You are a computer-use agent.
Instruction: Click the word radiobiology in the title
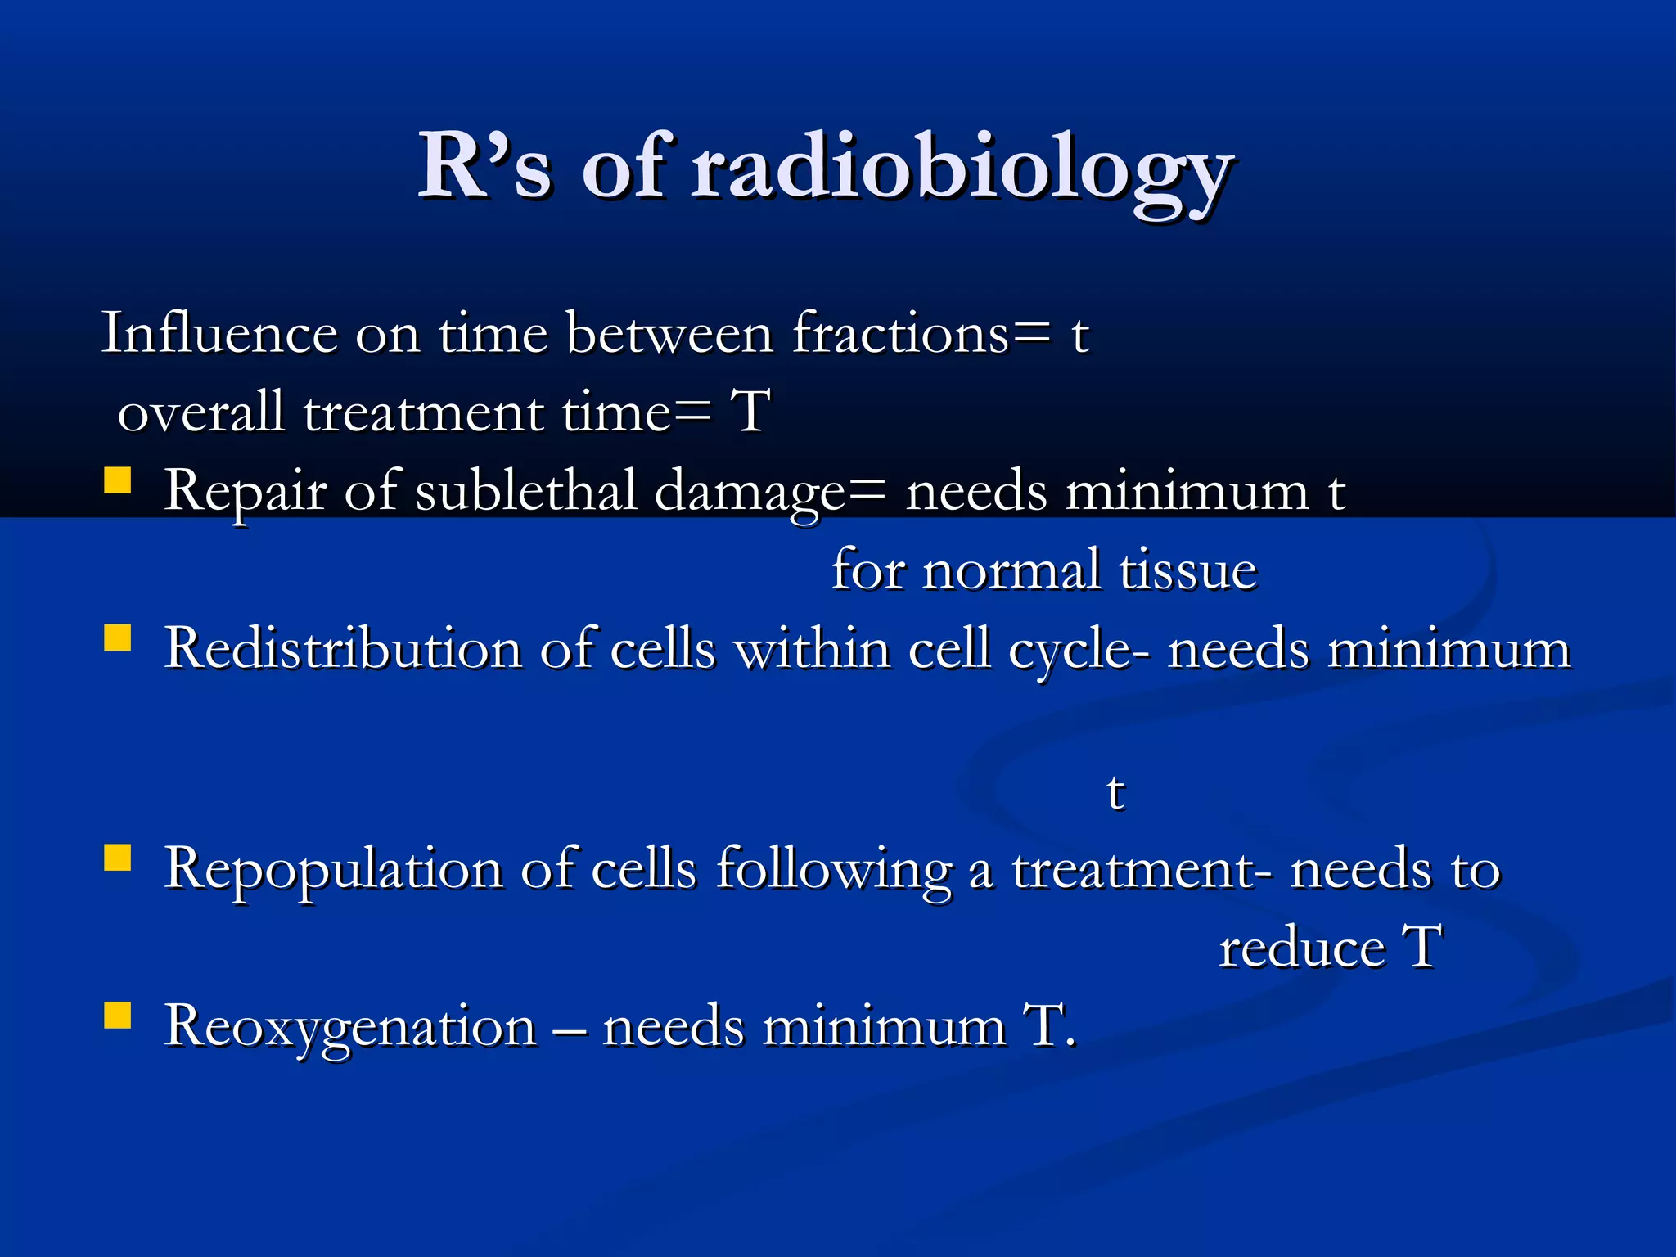click(x=962, y=169)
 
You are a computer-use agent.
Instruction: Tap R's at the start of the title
click(x=484, y=168)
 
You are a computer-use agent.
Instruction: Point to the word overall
click(x=200, y=412)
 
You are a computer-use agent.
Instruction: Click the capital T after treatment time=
click(x=750, y=412)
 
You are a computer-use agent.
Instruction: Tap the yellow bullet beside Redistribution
click(x=118, y=638)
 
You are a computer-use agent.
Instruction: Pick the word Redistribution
click(x=343, y=649)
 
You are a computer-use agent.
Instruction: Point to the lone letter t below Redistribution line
click(x=1115, y=792)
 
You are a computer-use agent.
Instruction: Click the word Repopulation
click(x=333, y=870)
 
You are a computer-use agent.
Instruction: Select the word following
click(x=834, y=870)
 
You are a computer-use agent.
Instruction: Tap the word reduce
click(x=1301, y=948)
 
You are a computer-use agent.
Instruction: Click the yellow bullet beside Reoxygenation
click(x=118, y=1016)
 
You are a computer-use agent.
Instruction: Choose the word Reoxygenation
click(x=350, y=1027)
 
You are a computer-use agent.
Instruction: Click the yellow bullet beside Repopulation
click(x=118, y=858)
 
